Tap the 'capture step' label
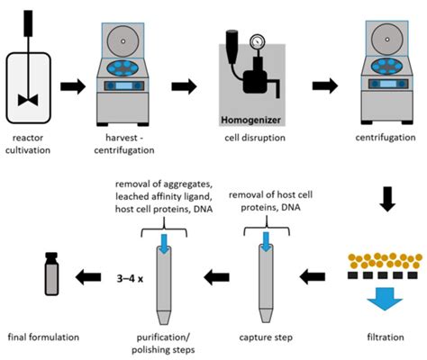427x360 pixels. tap(266, 337)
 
